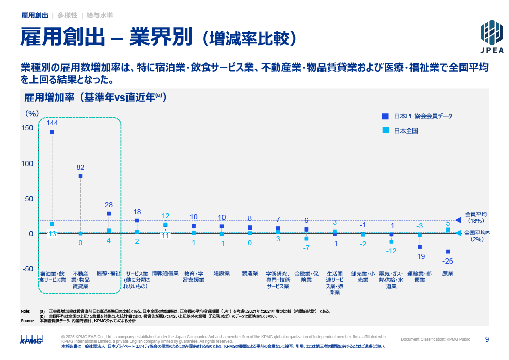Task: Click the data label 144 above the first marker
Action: coord(52,123)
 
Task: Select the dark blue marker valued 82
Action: coord(80,176)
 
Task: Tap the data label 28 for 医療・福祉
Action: coord(109,205)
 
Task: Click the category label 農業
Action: coord(448,273)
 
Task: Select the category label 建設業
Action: coord(221,273)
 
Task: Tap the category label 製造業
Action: coord(250,273)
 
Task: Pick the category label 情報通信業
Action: coord(165,273)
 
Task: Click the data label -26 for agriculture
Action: coord(448,261)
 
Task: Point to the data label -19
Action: coord(420,256)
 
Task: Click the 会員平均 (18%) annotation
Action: coord(476,217)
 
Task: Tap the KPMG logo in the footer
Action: coord(32,339)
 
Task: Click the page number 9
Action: coord(487,339)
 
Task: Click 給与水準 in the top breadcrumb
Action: coord(100,16)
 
